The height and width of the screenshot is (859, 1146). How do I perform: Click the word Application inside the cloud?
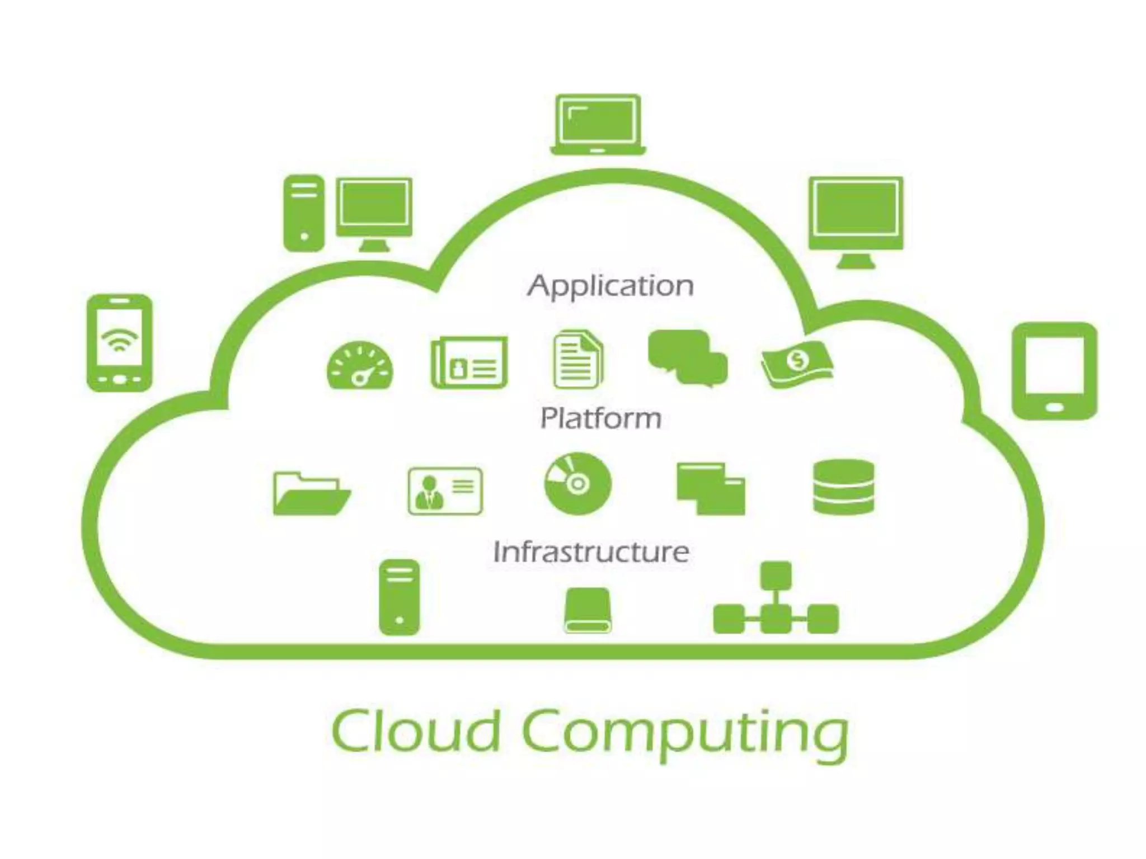click(x=610, y=286)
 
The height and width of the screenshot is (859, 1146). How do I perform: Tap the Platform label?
click(x=600, y=418)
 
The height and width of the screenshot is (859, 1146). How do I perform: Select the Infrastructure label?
click(x=591, y=552)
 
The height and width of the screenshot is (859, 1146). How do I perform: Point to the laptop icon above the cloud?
click(x=598, y=124)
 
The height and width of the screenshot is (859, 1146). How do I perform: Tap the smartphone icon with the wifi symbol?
click(x=119, y=342)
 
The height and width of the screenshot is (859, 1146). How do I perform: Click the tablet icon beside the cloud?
click(x=1054, y=370)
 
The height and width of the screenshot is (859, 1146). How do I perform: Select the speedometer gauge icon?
click(x=360, y=366)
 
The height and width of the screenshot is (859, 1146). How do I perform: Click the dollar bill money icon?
click(x=797, y=363)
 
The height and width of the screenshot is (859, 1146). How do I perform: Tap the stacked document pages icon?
click(x=578, y=360)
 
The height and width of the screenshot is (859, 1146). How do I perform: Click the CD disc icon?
click(x=578, y=483)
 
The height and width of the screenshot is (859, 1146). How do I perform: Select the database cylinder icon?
click(x=843, y=487)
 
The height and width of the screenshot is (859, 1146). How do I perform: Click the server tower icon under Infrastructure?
click(x=399, y=597)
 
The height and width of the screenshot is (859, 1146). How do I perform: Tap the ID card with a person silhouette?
click(x=445, y=491)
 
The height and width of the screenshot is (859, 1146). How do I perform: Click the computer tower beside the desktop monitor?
click(x=304, y=213)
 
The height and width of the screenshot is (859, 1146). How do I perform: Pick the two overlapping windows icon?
click(x=711, y=488)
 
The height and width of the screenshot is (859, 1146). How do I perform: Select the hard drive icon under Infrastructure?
click(x=586, y=610)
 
